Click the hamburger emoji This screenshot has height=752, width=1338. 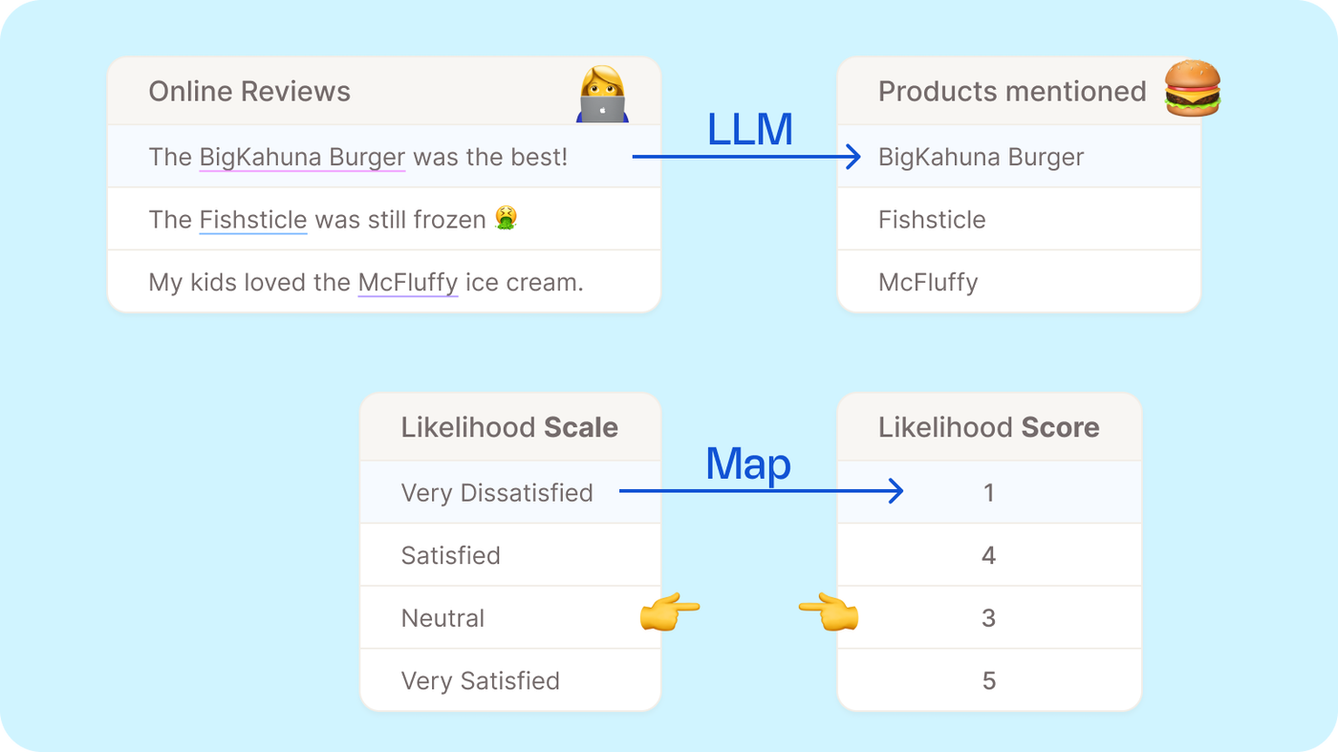coord(1193,89)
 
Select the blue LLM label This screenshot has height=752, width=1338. coord(750,130)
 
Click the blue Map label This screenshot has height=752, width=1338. coord(748,464)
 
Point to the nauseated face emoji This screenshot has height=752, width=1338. coord(506,219)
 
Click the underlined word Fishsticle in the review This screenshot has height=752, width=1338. coord(253,220)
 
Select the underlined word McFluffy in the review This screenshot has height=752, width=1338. coord(408,283)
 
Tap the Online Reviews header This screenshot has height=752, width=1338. coord(249,92)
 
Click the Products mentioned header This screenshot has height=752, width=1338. coord(1011,92)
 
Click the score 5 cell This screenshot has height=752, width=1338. coord(989,681)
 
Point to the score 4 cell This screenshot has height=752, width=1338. coord(989,555)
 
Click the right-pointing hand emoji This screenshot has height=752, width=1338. coord(669,611)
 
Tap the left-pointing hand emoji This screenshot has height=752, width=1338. coord(829,612)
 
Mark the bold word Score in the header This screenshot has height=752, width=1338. coord(1060,427)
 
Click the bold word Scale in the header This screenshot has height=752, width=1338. coord(581,427)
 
